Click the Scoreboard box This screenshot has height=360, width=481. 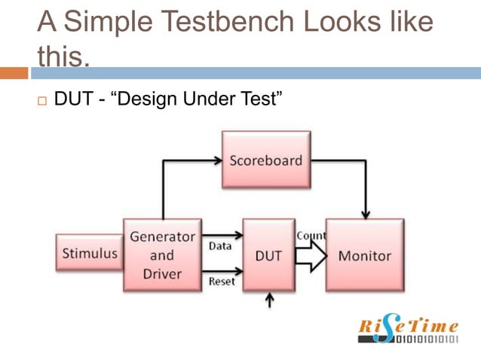[265, 160]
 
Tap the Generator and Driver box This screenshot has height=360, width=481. [162, 255]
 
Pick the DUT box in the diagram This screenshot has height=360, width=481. [268, 255]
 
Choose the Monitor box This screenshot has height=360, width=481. [364, 255]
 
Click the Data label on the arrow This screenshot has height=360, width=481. [220, 246]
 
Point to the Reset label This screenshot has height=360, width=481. [222, 281]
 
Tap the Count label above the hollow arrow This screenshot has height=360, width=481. [311, 236]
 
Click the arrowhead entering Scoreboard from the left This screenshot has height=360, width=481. [216, 160]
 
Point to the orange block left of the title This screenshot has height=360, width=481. [14, 73]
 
